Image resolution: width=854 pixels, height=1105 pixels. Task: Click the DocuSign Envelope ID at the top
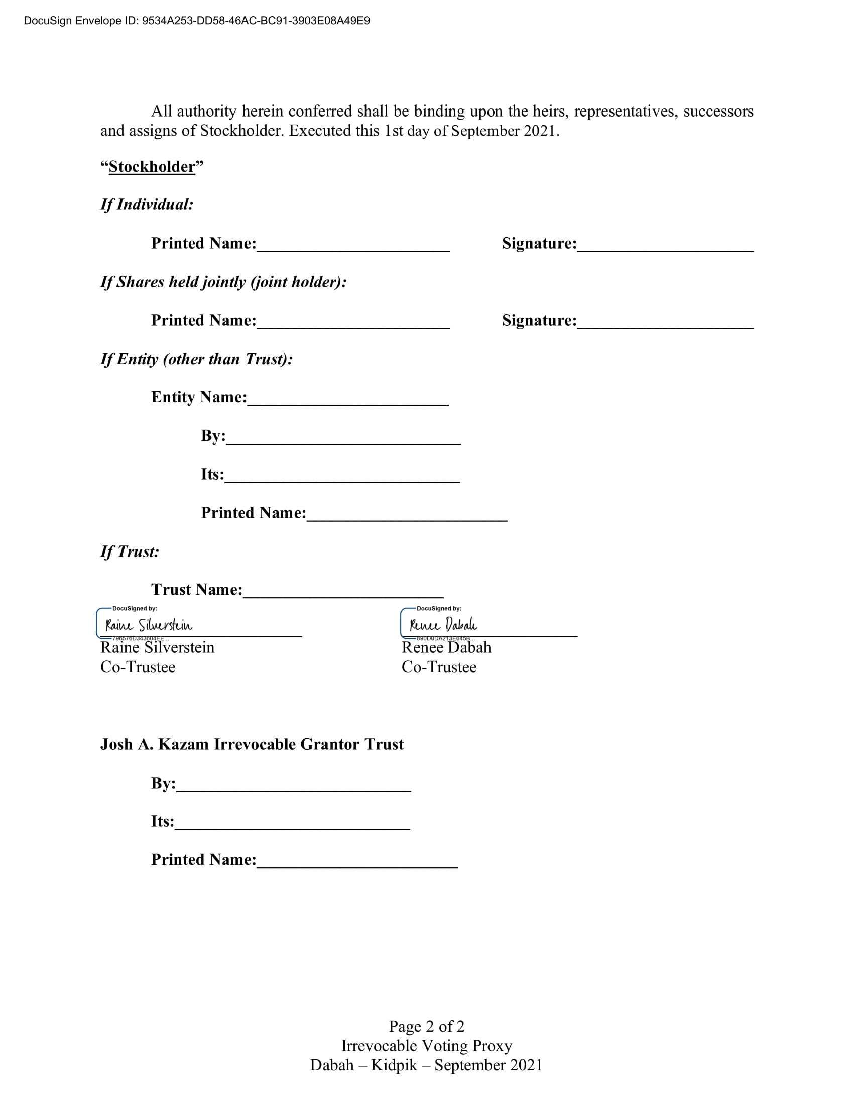197,21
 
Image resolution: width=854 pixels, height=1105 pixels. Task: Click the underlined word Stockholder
152,166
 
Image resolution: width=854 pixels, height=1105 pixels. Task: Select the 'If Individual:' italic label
147,204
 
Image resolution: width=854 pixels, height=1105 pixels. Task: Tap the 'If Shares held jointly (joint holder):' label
223,282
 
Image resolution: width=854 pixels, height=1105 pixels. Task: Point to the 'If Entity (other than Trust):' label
197,359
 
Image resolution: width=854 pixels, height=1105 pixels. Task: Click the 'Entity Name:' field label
199,397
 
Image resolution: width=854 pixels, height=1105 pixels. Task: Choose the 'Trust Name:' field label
197,590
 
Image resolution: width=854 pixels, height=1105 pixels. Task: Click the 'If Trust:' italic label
130,551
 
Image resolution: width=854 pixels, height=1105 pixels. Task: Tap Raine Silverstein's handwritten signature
149,625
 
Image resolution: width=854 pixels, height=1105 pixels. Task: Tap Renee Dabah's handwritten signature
443,625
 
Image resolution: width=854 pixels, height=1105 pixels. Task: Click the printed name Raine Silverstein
157,647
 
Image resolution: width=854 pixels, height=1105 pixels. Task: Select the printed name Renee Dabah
446,647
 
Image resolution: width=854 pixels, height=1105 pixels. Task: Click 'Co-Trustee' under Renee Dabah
439,667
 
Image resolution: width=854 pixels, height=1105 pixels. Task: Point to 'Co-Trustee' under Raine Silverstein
138,667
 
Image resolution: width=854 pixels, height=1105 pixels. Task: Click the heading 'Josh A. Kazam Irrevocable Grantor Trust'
252,744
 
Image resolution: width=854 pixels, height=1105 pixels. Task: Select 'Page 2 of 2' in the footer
426,1026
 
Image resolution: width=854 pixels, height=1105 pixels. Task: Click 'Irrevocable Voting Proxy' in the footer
426,1045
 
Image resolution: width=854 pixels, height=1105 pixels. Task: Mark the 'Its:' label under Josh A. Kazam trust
162,821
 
